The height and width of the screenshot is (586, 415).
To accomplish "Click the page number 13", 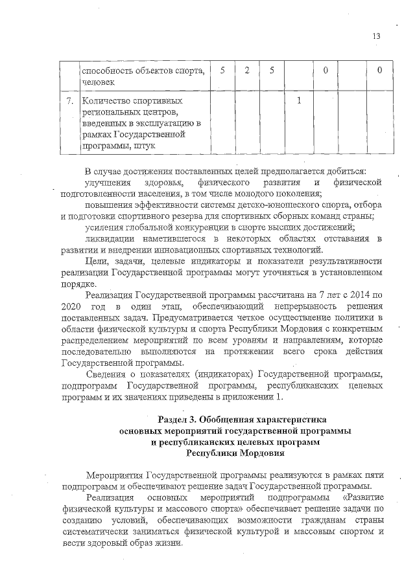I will point(377,36).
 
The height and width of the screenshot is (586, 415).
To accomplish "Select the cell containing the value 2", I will point(248,70).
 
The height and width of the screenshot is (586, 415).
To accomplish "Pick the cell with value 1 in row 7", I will point(298,102).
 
